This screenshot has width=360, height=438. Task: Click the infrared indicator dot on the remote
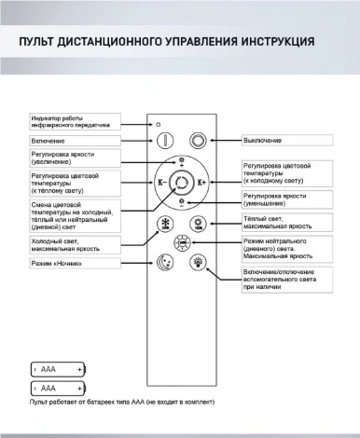coord(159,123)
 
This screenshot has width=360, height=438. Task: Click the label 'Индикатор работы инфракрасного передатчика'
coord(75,121)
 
